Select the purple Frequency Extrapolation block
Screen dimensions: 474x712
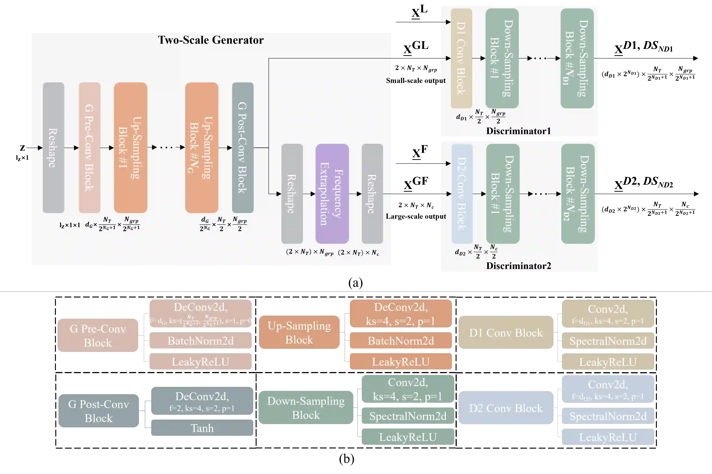[x=332, y=194]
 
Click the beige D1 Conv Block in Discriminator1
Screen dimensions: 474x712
[x=461, y=58]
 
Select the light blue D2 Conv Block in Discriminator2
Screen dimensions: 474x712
[x=462, y=194]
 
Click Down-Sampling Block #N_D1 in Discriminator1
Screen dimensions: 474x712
[x=577, y=58]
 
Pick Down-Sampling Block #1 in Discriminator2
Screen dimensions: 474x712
[x=503, y=194]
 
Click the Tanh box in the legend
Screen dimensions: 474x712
[x=202, y=428]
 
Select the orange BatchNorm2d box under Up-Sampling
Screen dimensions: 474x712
[x=400, y=341]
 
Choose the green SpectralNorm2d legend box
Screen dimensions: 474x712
[x=408, y=416]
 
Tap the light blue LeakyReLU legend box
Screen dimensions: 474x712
[x=608, y=437]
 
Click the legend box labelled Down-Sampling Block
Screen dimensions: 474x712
[x=306, y=408]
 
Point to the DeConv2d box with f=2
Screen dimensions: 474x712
[x=202, y=401]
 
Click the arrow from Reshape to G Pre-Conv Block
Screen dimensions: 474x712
[x=72, y=148]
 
